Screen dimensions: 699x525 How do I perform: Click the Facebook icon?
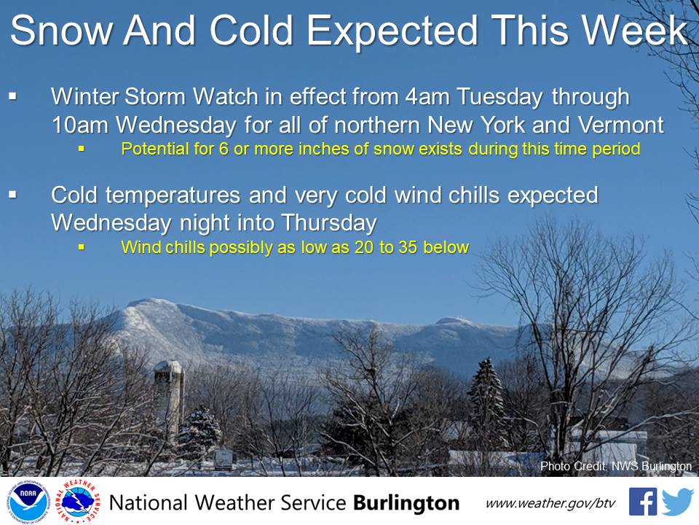pyautogui.click(x=642, y=502)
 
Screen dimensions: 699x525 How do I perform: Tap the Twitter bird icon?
pyautogui.click(x=677, y=502)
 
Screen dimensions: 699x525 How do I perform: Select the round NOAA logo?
pyautogui.click(x=28, y=502)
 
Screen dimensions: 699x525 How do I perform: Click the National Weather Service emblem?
pyautogui.click(x=78, y=502)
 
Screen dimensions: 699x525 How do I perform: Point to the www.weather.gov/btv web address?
pyautogui.click(x=550, y=504)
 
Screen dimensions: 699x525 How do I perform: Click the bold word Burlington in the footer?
pyautogui.click(x=406, y=503)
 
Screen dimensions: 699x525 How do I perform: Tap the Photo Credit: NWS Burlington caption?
pyautogui.click(x=616, y=466)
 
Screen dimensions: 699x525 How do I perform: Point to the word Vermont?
pyautogui.click(x=621, y=125)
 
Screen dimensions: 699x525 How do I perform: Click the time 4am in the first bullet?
pyautogui.click(x=427, y=96)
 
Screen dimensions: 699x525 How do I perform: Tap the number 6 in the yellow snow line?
pyautogui.click(x=224, y=149)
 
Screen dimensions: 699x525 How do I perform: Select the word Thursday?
pyautogui.click(x=329, y=223)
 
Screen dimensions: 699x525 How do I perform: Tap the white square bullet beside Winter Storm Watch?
pyautogui.click(x=12, y=96)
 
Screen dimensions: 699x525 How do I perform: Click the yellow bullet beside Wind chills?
pyautogui.click(x=81, y=246)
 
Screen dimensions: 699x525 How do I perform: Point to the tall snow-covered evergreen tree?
pyautogui.click(x=487, y=402)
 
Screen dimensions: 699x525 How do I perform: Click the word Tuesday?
pyautogui.click(x=499, y=97)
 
